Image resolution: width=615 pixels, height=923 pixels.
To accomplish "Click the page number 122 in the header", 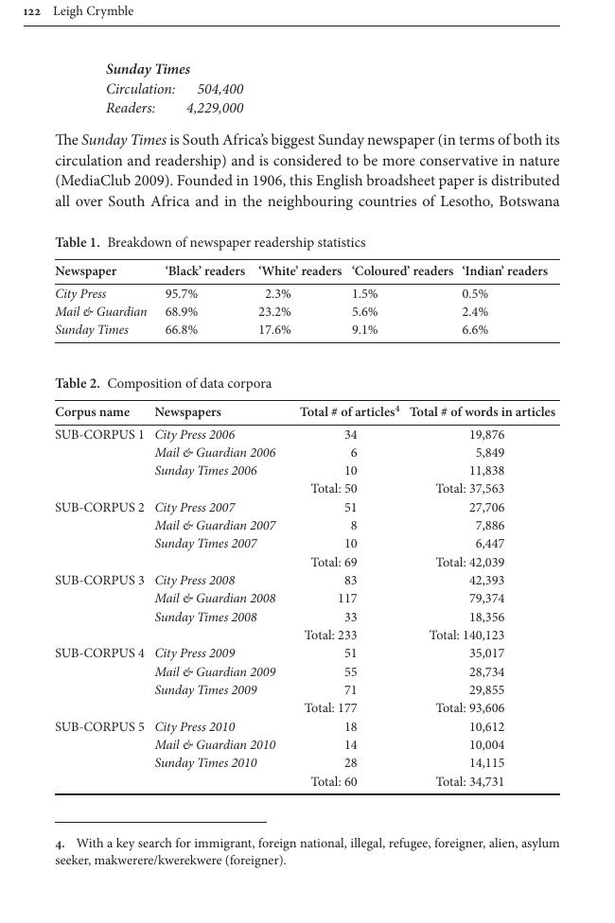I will [33, 11].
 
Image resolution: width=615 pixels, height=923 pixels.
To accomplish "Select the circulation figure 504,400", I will [220, 89].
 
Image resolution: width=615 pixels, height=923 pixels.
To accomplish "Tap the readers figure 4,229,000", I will [214, 108].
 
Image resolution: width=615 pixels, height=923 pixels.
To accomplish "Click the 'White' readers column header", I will [299, 271].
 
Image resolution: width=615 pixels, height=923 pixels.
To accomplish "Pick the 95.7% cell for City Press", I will [181, 294].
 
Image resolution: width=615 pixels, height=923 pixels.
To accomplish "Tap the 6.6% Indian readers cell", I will [475, 330].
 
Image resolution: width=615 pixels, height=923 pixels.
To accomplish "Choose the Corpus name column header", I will [92, 412].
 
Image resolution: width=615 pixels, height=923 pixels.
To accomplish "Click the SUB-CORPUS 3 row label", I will [99, 581].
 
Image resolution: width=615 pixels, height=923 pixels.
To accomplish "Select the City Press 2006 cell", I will [194, 435].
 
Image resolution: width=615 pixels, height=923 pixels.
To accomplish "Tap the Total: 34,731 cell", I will [469, 782].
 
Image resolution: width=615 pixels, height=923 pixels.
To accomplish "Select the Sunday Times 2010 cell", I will [205, 763].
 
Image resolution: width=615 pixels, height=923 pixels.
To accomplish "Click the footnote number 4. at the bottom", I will [60, 844].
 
